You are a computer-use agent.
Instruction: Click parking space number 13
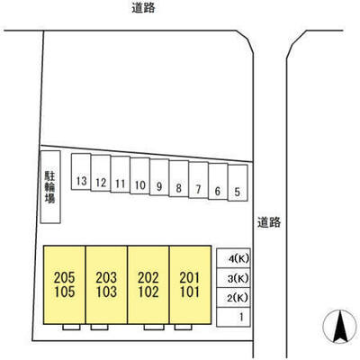coord(81,172)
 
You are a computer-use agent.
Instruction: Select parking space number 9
coord(159,177)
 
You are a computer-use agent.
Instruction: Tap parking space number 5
coord(238,183)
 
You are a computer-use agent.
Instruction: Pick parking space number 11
coord(121,175)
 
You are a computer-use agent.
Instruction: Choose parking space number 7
coord(198,180)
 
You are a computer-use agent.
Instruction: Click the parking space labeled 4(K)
coord(233,258)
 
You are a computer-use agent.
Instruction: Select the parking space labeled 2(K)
coord(233,298)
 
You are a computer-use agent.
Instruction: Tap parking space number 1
coord(233,317)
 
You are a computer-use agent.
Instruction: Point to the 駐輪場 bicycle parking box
coord(50,187)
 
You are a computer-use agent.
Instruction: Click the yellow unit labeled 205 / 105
coord(65,285)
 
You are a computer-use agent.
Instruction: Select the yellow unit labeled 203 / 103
coord(106,285)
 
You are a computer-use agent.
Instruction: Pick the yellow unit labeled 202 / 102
coord(148,285)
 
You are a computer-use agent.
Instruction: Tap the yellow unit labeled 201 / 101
coord(190,285)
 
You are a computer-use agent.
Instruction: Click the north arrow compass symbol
coord(339,327)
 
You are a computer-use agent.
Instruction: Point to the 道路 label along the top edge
coord(143,8)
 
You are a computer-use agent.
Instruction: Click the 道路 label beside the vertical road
coord(269,222)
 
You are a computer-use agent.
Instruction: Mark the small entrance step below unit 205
coord(71,327)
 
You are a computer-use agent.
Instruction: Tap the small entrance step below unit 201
coord(183,327)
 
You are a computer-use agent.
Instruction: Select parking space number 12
coord(101,173)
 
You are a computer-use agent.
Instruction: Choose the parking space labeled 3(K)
coord(233,278)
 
